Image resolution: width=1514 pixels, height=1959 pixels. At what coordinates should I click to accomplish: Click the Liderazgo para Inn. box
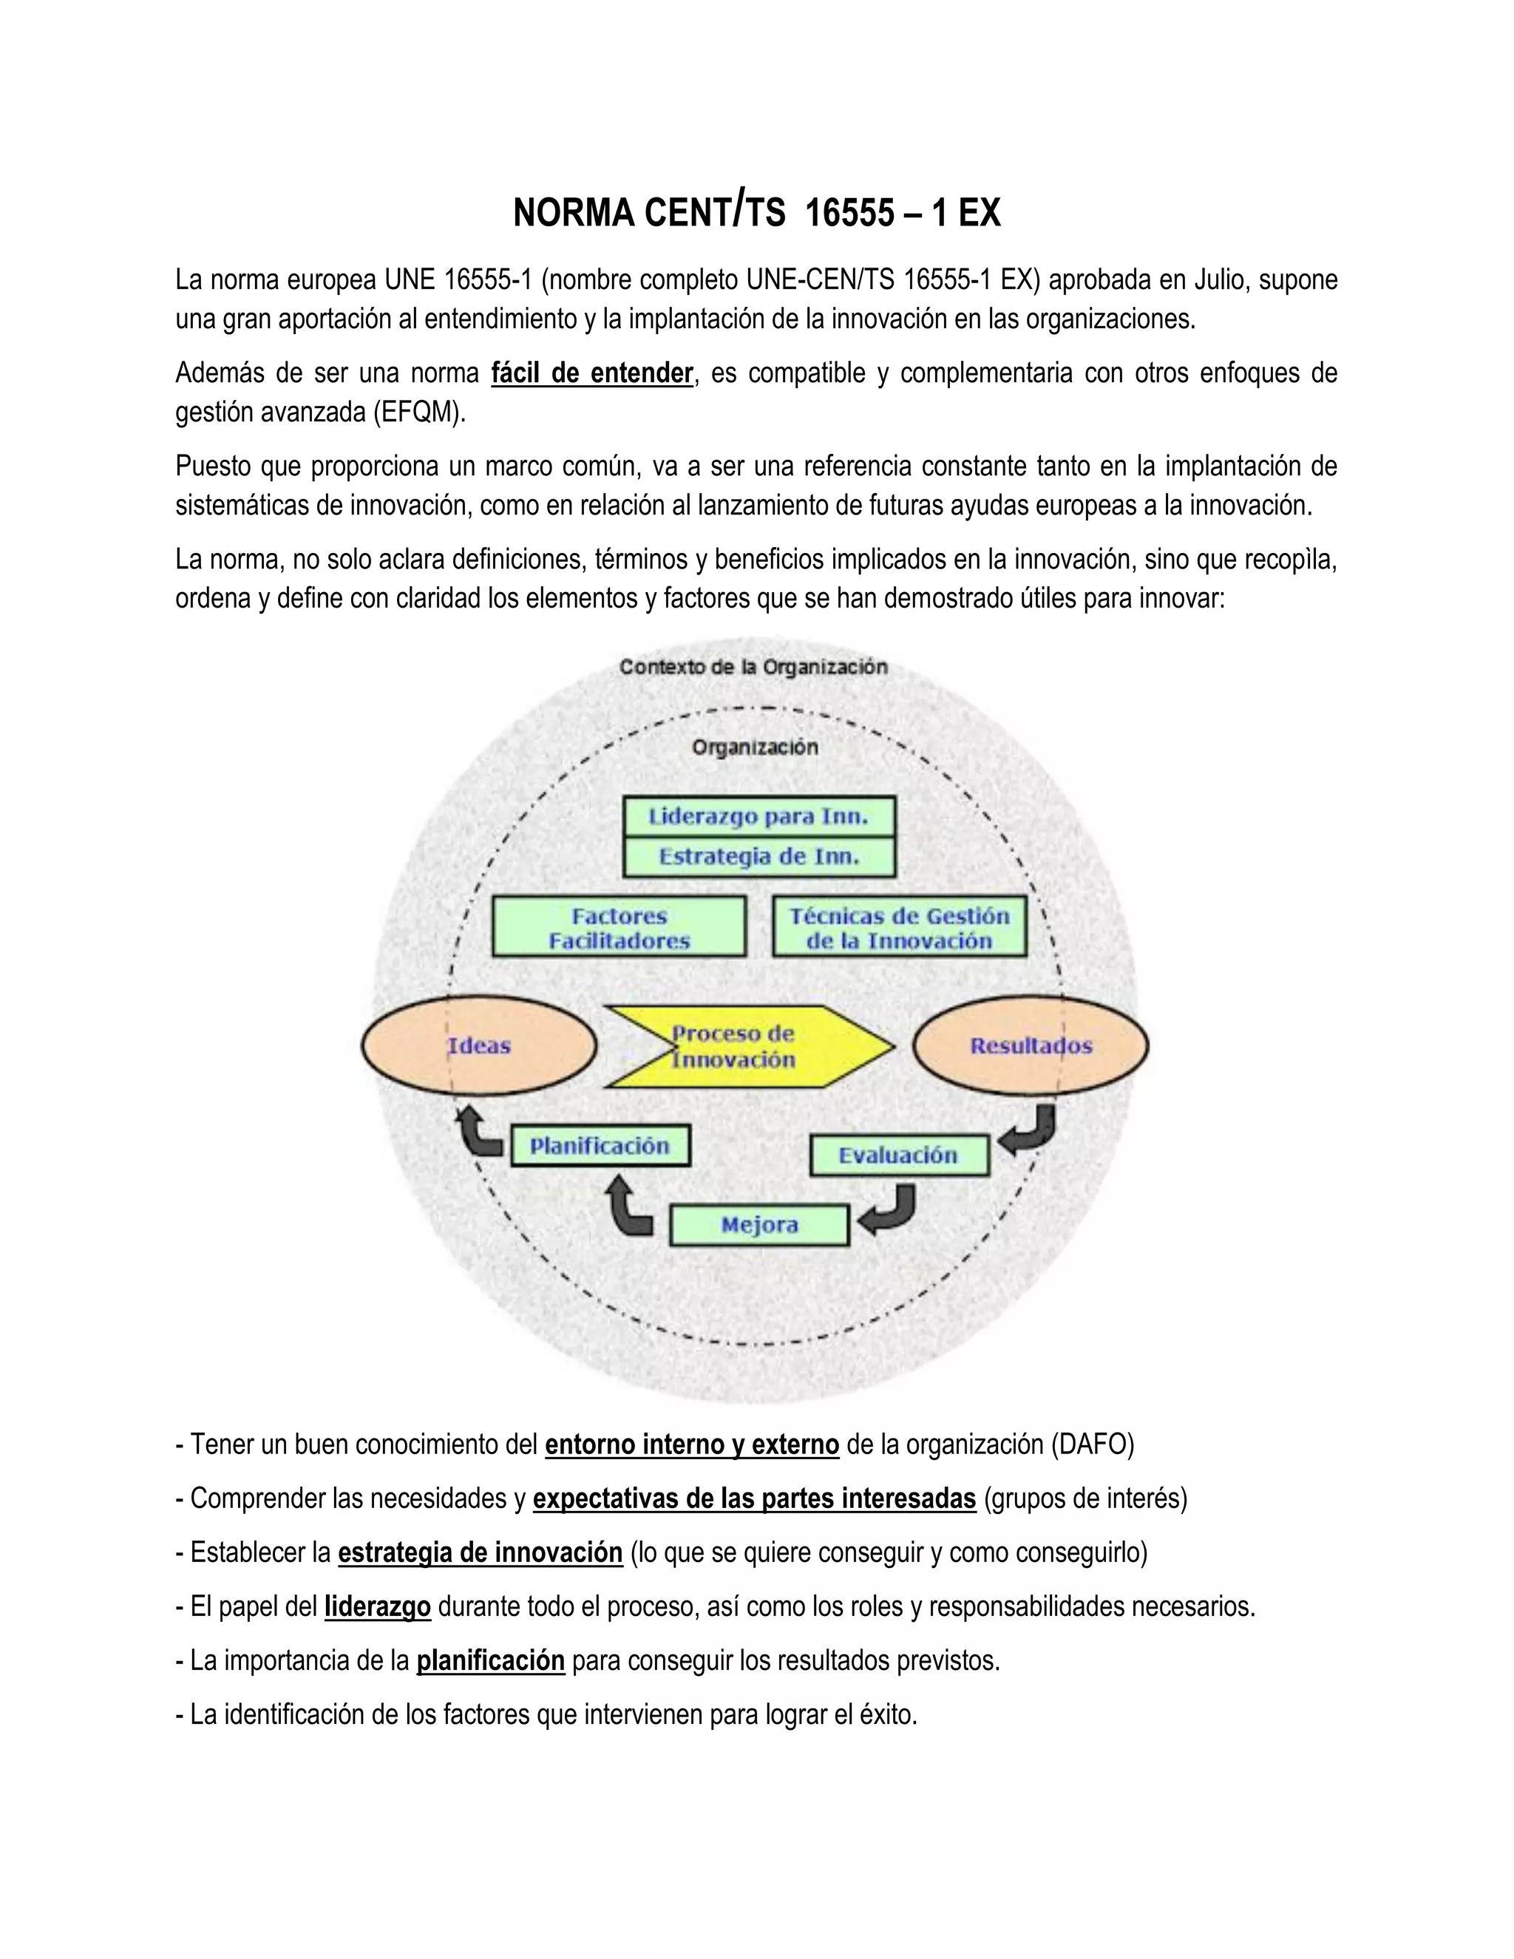pyautogui.click(x=758, y=817)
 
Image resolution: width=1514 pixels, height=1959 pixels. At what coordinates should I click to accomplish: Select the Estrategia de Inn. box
pyautogui.click(x=758, y=857)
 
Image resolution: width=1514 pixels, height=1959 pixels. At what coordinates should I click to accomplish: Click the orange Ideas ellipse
pyautogui.click(x=479, y=1046)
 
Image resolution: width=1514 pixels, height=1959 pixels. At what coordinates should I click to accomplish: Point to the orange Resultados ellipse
pyautogui.click(x=1031, y=1046)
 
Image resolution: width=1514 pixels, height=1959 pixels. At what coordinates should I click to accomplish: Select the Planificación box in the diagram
pyautogui.click(x=600, y=1145)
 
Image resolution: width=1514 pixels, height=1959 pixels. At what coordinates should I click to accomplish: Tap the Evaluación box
pyautogui.click(x=899, y=1155)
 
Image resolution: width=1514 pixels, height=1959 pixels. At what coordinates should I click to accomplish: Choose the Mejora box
pyautogui.click(x=758, y=1225)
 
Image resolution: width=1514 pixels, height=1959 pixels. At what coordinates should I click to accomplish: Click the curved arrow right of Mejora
pyautogui.click(x=888, y=1209)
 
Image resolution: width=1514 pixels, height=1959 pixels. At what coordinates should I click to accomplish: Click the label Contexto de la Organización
pyautogui.click(x=753, y=668)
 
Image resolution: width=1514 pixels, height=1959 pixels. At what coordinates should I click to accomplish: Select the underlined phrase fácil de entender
pyautogui.click(x=592, y=373)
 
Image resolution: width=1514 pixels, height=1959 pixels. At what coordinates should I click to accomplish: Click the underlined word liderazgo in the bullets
pyautogui.click(x=378, y=1606)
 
